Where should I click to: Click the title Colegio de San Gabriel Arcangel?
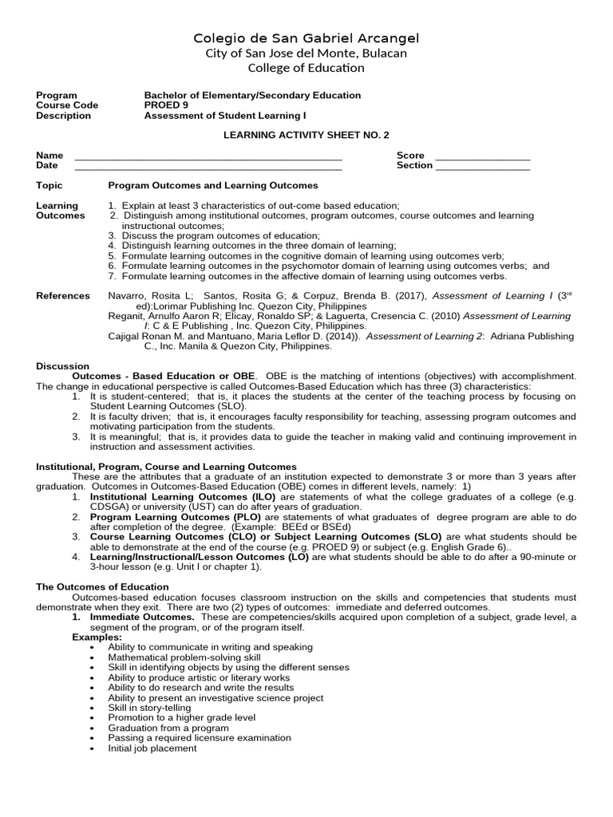tap(306, 38)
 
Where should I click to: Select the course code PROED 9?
tap(166, 105)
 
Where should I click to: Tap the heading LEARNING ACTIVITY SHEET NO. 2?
tap(306, 136)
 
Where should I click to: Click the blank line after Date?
tap(208, 168)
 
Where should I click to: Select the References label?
tap(63, 296)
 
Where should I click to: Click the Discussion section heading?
tap(63, 366)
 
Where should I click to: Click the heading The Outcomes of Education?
tap(102, 586)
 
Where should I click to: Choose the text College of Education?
tap(306, 68)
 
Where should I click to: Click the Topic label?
tap(49, 185)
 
